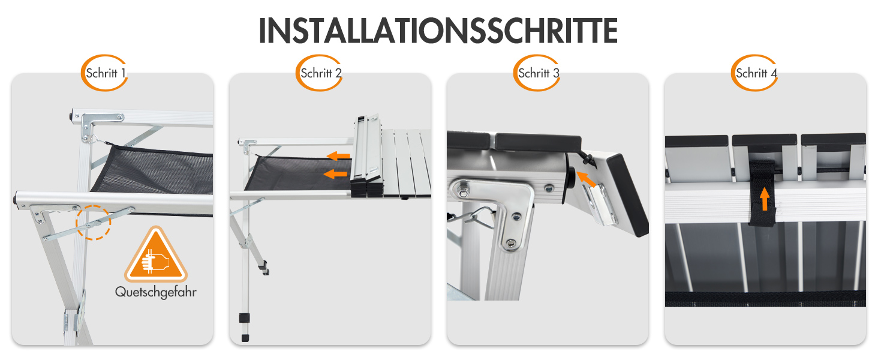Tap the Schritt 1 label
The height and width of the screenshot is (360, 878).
pos(106,73)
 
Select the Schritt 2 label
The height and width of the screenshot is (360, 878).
pos(321,73)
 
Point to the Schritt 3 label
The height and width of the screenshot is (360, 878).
pos(539,73)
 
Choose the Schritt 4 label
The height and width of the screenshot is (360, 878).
pos(756,73)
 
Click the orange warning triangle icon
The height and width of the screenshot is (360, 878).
pos(156,255)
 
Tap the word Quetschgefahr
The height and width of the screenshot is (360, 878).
pos(155,292)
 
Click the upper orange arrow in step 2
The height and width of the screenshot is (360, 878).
pos(339,156)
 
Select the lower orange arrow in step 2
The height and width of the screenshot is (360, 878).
pos(335,174)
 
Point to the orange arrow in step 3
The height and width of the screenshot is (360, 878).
pos(585,179)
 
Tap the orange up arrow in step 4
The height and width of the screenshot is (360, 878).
pos(764,199)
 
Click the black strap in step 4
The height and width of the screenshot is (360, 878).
pos(762,193)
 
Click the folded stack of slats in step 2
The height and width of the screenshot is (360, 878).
pos(366,156)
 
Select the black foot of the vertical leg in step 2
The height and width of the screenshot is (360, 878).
pos(245,338)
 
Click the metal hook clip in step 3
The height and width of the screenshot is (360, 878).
pos(476,218)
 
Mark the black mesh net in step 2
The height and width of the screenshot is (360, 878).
pos(298,173)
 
